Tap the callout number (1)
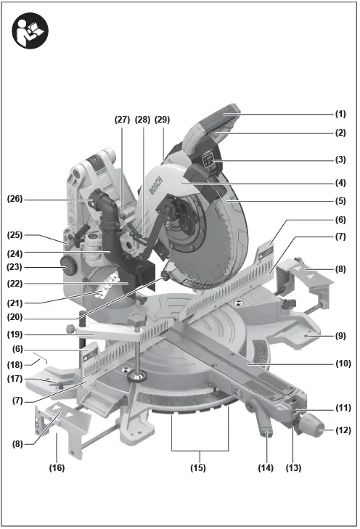tap(340, 114)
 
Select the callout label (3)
tap(340, 159)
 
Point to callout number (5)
tap(340, 200)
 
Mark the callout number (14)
tap(266, 468)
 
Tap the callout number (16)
tap(57, 468)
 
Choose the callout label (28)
tap(142, 120)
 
